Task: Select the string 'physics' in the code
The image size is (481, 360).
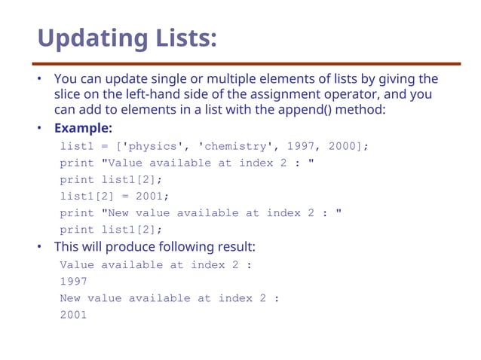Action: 146,146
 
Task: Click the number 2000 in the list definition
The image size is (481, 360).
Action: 342,146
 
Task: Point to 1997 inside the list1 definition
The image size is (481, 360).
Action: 300,146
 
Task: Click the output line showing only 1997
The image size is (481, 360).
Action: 74,281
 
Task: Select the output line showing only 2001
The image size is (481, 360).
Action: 74,315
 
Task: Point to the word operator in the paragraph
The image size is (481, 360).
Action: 351,95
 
